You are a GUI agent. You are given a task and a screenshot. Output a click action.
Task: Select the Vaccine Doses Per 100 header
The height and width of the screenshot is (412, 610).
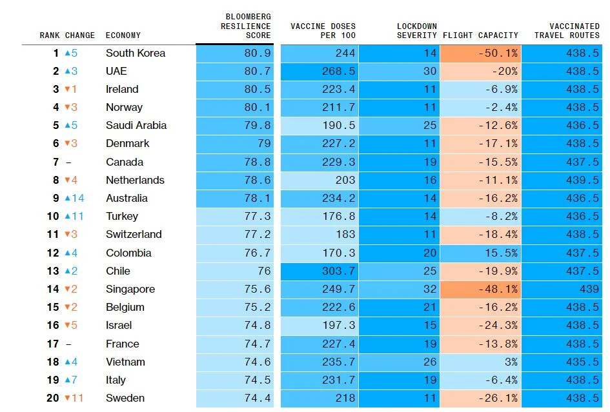[x=323, y=30]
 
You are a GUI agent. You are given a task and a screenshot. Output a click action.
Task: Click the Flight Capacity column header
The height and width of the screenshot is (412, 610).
[x=480, y=35]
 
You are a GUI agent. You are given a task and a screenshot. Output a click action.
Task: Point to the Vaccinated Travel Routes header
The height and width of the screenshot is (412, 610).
[x=567, y=30]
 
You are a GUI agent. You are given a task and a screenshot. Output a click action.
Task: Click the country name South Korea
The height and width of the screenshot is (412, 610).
[x=136, y=54]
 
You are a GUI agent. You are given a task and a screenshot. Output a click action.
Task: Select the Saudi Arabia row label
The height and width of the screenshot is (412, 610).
[x=136, y=126]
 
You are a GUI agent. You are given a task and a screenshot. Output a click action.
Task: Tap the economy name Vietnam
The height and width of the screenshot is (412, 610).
[x=125, y=362]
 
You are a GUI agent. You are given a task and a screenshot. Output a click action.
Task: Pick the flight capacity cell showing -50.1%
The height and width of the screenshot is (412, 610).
[x=497, y=54]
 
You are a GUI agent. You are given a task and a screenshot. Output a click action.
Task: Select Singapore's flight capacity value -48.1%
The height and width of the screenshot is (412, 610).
[x=497, y=289]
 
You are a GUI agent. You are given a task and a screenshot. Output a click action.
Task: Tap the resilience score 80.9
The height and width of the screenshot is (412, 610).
[x=258, y=54]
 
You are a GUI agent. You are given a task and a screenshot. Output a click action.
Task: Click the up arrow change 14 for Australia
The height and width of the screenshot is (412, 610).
[x=74, y=198]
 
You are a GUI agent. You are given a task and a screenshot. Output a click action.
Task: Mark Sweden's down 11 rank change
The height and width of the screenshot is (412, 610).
[x=74, y=398]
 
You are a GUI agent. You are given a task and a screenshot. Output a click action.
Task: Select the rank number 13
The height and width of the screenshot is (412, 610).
[x=53, y=271]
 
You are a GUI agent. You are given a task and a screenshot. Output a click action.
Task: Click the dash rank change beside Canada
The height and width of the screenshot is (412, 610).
[x=68, y=162]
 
